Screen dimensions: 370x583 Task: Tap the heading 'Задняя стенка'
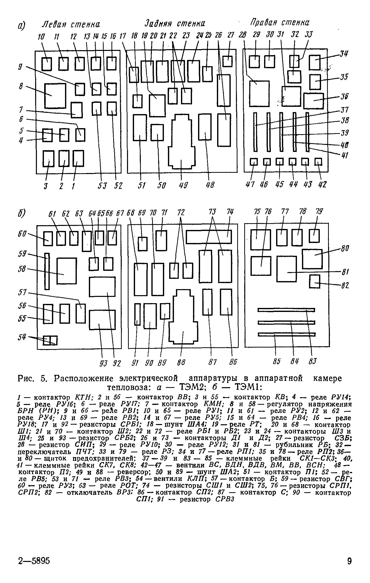[x=175, y=24]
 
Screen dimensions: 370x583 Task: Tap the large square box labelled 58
[x=67, y=271]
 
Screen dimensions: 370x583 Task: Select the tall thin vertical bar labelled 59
[x=47, y=271]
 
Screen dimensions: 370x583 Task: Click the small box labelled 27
[x=227, y=61]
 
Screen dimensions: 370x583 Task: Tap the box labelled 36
[x=314, y=101]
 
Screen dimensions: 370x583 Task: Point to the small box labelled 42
[x=318, y=162]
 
